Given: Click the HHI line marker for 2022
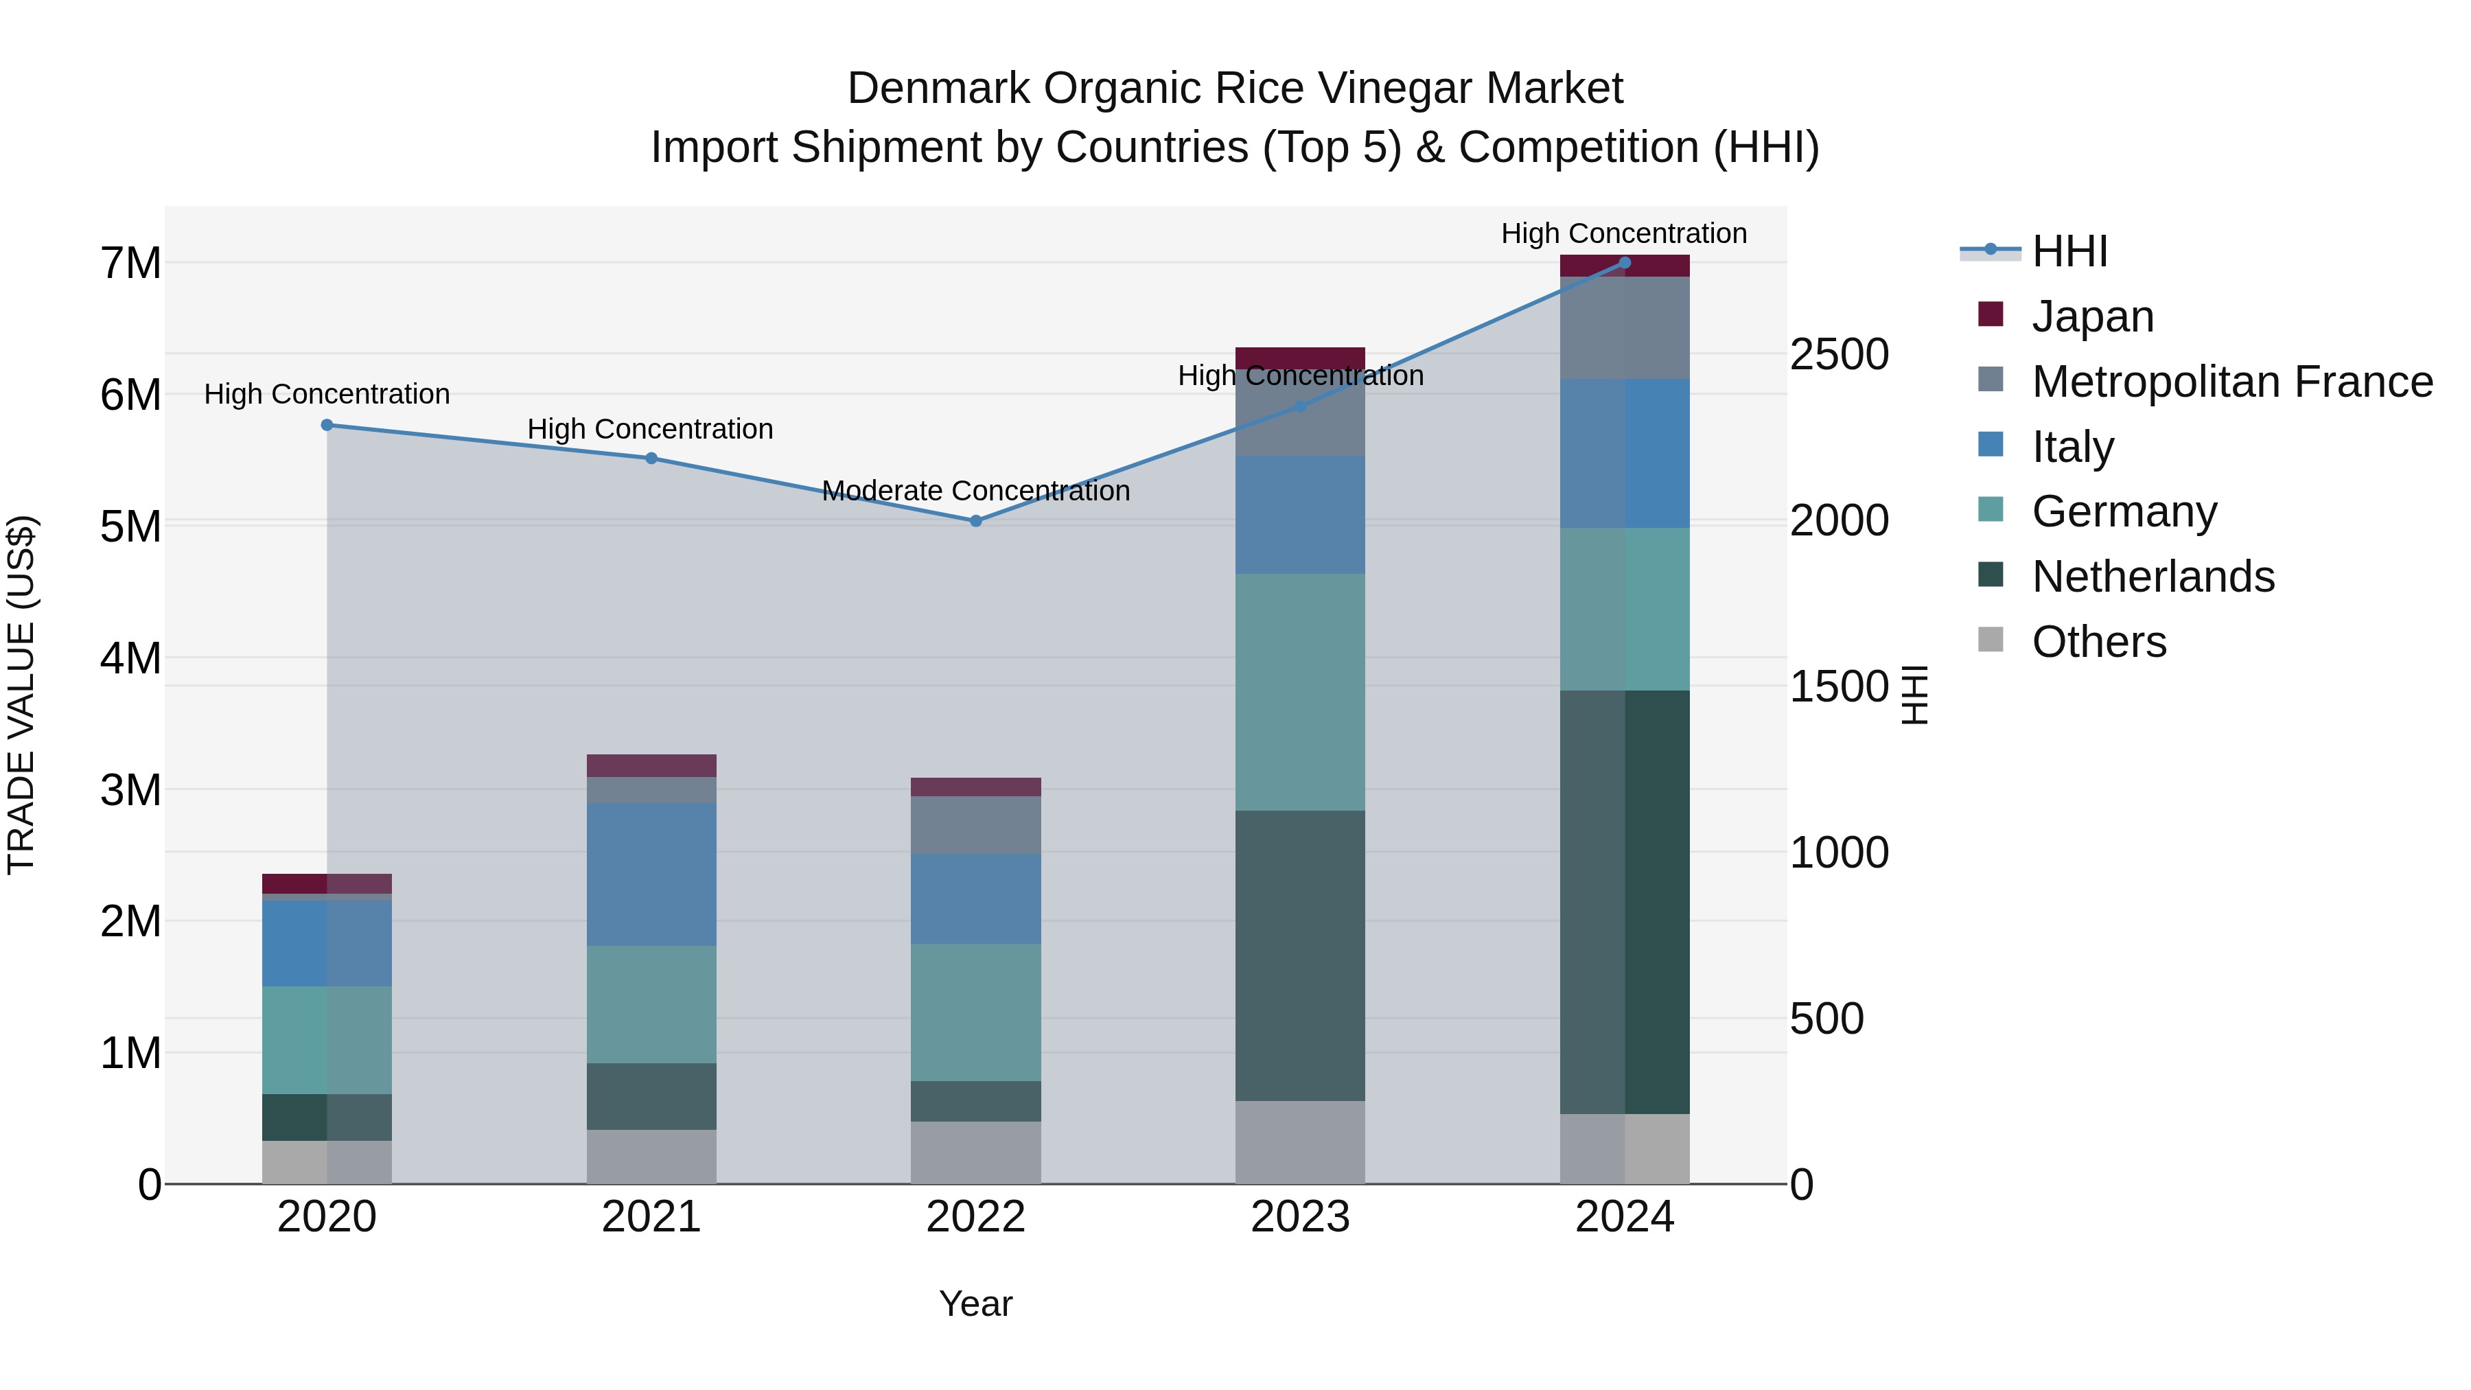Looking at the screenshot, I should (x=975, y=521).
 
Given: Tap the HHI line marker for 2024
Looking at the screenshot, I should (x=1624, y=262).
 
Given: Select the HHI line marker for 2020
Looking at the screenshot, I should (x=327, y=425).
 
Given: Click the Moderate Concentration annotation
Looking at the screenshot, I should (x=975, y=491).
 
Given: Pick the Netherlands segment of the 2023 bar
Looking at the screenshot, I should (x=1300, y=955).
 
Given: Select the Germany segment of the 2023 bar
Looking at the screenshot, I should (x=1300, y=692).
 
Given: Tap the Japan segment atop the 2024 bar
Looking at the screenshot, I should (x=1624, y=266).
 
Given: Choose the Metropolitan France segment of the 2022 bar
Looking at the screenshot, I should (x=975, y=825).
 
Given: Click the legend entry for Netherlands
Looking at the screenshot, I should (x=2153, y=577).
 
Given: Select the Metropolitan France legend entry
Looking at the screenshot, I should (x=2231, y=382).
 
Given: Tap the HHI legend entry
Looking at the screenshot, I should (x=2069, y=251).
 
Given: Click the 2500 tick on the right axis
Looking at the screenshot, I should (x=1839, y=354).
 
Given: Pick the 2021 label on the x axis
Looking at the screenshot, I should (x=651, y=1217).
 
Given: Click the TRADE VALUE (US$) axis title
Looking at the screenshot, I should (x=21, y=695).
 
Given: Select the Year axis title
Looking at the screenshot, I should (x=975, y=1304).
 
